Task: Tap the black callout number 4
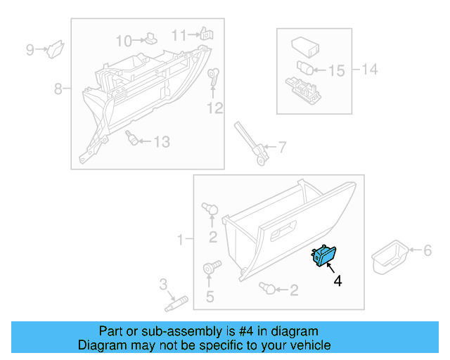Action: pos(338,281)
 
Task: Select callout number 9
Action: pos(30,49)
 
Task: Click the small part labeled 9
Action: pos(55,49)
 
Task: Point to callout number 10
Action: pos(123,40)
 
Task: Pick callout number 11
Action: pos(179,34)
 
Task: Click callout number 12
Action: pos(214,108)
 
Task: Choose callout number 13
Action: pos(162,142)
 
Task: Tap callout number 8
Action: pos(58,89)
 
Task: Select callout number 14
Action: pos(370,69)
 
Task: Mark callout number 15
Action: pos(337,70)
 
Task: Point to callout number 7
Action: pos(281,148)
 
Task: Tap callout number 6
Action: pos(425,250)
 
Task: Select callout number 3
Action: pos(163,284)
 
